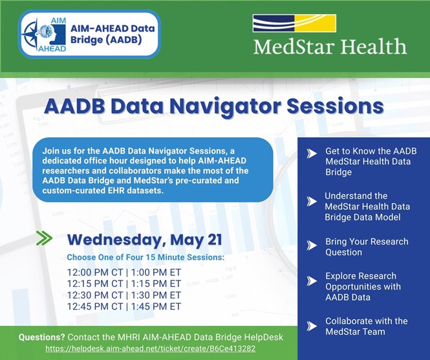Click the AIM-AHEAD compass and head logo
point(44,35)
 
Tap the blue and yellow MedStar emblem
point(294,23)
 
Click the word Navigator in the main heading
point(226,106)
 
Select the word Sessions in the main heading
point(335,106)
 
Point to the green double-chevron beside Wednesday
point(44,238)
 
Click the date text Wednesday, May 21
point(145,240)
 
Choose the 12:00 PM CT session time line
point(124,273)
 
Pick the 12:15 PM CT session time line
point(124,284)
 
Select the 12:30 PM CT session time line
point(124,295)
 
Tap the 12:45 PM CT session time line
point(124,306)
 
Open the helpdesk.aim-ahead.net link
point(151,349)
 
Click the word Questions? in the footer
point(41,337)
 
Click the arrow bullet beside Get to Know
point(312,154)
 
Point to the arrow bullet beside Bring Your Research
point(312,246)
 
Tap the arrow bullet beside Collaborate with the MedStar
point(312,326)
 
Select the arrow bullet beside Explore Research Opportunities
point(312,281)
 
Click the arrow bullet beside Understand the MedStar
point(312,202)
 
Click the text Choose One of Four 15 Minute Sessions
point(145,257)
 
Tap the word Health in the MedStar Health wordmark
point(374,46)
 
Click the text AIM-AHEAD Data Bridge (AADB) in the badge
point(113,34)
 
